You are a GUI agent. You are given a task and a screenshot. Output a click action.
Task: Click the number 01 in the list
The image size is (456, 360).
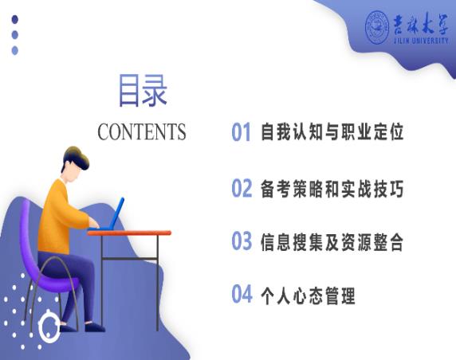click(x=241, y=132)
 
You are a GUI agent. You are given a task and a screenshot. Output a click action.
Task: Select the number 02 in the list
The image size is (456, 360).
click(x=242, y=188)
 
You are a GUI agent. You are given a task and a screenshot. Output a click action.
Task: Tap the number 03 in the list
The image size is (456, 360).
click(x=242, y=241)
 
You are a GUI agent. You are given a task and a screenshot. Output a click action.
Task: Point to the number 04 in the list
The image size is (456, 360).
click(x=242, y=294)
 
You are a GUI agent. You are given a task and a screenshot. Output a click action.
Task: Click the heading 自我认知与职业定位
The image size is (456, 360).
click(x=332, y=132)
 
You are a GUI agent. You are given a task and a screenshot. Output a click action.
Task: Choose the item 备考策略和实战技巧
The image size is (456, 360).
click(x=332, y=189)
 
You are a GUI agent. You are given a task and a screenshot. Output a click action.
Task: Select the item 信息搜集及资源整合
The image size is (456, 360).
click(x=332, y=242)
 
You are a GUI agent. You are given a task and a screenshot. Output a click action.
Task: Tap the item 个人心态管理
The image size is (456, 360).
click(x=308, y=295)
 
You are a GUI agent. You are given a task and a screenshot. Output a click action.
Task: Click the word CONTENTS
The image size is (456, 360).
click(x=142, y=131)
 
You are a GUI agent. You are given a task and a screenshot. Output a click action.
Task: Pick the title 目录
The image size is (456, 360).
click(x=143, y=90)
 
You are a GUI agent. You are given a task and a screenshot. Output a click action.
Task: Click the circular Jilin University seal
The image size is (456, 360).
click(x=377, y=28)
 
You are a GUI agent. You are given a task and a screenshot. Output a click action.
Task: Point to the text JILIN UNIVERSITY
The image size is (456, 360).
click(x=421, y=41)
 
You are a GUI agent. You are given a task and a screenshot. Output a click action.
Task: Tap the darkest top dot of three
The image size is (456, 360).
click(x=15, y=19)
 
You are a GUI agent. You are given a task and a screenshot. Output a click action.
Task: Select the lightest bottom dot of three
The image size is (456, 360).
click(x=15, y=50)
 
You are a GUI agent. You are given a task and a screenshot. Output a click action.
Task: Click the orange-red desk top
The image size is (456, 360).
click(x=129, y=233)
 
